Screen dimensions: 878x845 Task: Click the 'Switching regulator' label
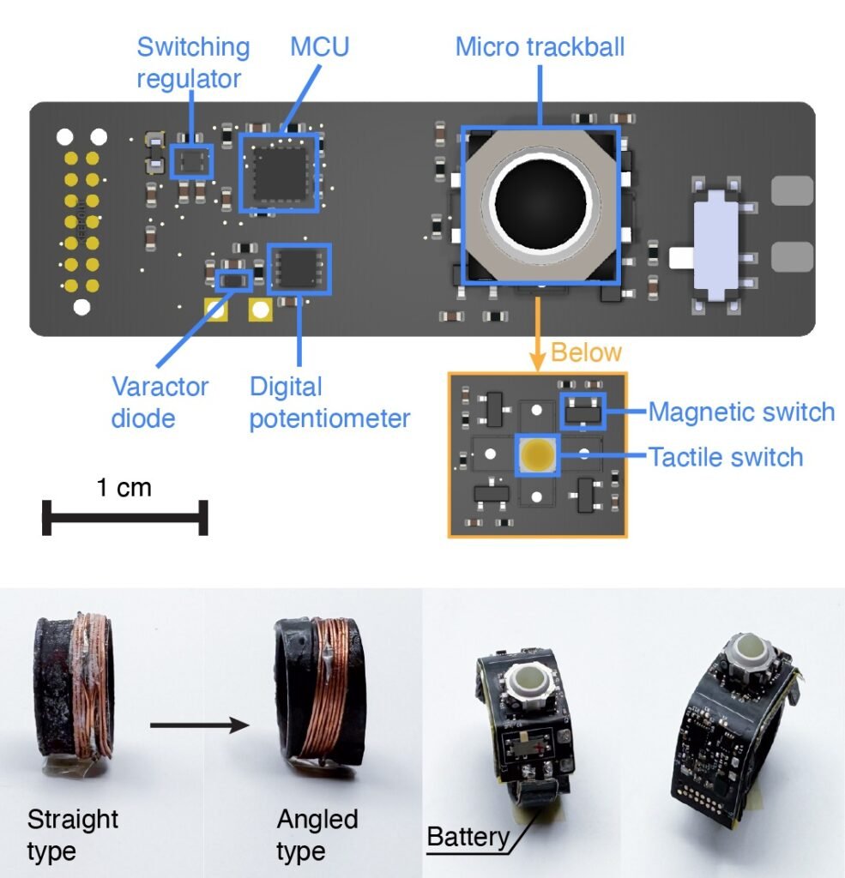(193, 62)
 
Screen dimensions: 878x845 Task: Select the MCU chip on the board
(279, 172)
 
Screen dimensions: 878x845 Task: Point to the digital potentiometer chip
(299, 268)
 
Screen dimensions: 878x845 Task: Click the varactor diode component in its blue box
(232, 279)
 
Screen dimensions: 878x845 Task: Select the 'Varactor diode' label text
(160, 401)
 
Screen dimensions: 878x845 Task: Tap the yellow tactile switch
(537, 454)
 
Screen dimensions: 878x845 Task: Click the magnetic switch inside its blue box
(582, 412)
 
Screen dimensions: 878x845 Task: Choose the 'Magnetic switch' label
(741, 412)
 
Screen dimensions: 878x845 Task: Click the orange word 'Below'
(586, 352)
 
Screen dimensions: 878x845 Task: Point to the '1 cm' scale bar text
(124, 488)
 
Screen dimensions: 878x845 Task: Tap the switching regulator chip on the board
(191, 160)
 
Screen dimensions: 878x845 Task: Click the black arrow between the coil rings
(199, 726)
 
